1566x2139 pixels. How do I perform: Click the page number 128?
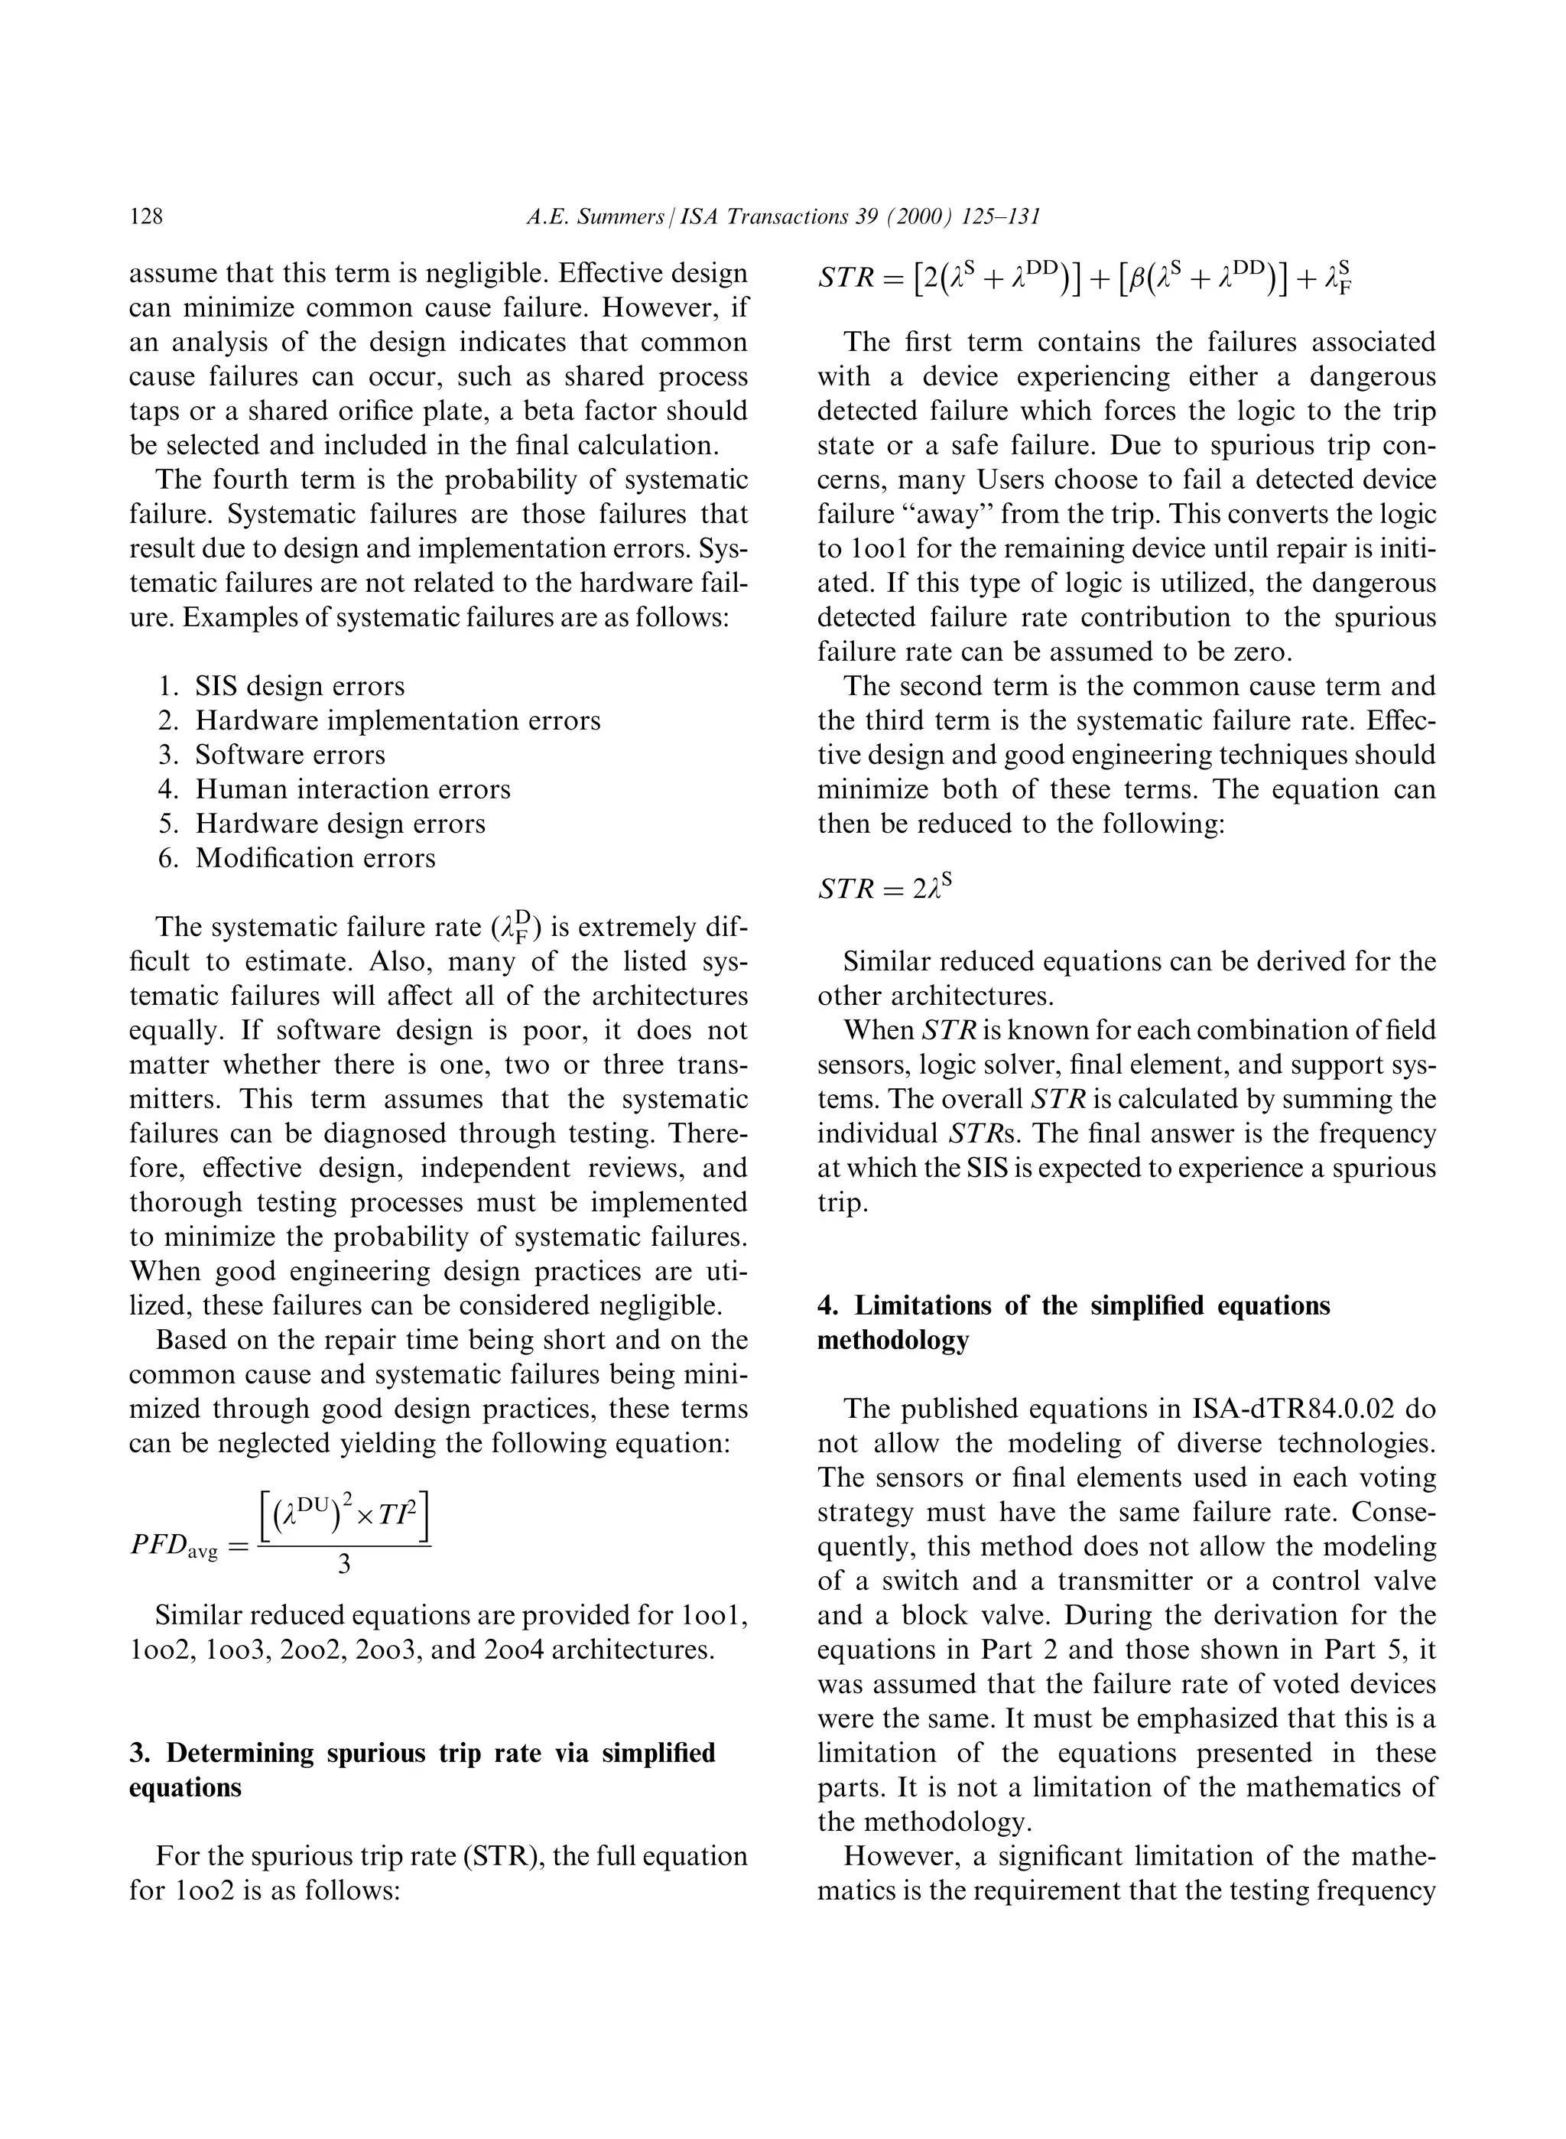[146, 217]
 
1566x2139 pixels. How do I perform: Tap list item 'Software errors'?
[290, 755]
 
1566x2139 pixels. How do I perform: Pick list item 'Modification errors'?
[316, 858]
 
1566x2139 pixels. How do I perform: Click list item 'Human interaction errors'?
[353, 789]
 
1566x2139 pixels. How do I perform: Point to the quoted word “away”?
[929, 514]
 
